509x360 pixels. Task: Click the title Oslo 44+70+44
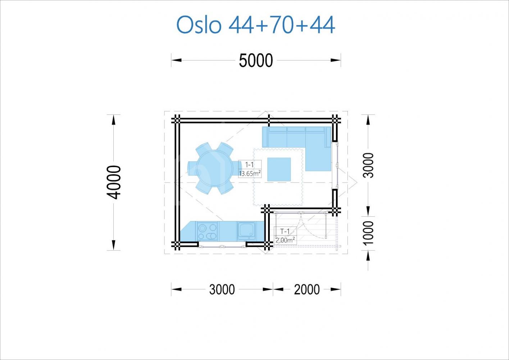click(256, 25)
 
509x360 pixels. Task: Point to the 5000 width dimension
click(256, 60)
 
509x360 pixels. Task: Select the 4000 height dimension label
click(114, 183)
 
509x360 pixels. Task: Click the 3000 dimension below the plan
click(222, 289)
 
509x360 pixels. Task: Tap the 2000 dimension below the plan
click(307, 289)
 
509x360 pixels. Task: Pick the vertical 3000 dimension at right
click(368, 165)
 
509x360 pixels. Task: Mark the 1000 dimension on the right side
click(368, 233)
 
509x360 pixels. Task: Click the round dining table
click(215, 168)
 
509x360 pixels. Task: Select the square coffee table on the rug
click(279, 170)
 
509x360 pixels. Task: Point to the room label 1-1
click(250, 165)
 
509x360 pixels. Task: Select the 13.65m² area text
click(250, 174)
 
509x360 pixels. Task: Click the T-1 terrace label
click(285, 231)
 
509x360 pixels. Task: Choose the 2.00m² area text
click(285, 240)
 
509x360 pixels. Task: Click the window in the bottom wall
click(222, 246)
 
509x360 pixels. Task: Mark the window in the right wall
click(337, 165)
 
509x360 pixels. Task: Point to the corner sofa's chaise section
click(318, 159)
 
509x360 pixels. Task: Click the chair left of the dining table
click(192, 168)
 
